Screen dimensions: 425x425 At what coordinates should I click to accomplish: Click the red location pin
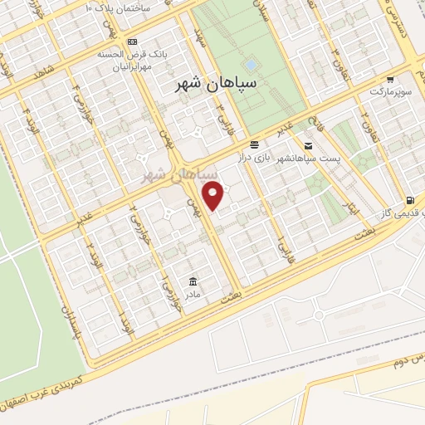coord(214,195)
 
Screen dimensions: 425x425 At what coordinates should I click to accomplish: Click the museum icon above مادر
coord(193,281)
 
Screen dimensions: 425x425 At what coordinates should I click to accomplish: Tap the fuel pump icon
coord(409,200)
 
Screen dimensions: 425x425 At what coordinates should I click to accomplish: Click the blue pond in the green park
coord(251,64)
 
